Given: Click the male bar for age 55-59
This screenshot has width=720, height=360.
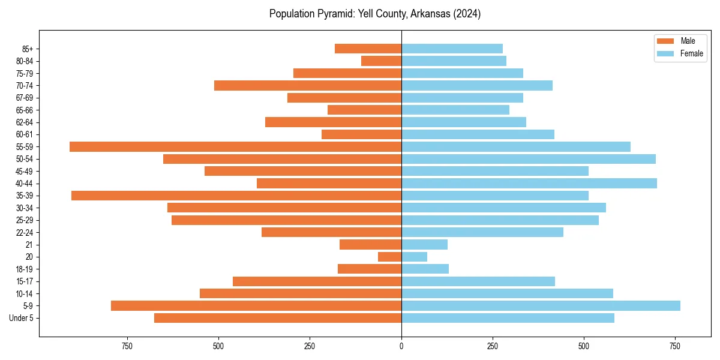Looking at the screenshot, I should [x=235, y=146].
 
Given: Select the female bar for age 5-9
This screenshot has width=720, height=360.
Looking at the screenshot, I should [x=541, y=306].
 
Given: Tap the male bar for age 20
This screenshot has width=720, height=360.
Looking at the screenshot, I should [x=389, y=257].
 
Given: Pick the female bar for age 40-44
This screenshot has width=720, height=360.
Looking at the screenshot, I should [x=529, y=184].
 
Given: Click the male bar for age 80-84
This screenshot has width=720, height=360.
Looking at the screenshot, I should [x=381, y=61].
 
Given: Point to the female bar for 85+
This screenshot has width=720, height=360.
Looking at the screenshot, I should [x=452, y=49].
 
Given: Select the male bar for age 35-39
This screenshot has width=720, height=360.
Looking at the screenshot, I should [x=236, y=196].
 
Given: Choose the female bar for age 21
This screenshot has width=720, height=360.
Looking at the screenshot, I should [x=424, y=245].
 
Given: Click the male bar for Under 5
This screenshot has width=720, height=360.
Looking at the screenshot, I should [x=278, y=318].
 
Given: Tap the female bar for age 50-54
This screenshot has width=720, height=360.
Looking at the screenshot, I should [x=528, y=159].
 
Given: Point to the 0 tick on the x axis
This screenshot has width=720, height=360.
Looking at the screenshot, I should [x=401, y=346].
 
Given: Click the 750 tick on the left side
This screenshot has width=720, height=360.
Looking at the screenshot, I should [x=127, y=346].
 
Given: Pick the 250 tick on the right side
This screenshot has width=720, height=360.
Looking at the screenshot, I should [x=493, y=346].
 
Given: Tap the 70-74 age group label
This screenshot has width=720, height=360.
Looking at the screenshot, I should [x=25, y=85].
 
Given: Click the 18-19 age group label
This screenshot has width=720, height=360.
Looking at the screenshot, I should [x=25, y=269].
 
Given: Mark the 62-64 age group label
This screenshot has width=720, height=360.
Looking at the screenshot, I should [x=25, y=122].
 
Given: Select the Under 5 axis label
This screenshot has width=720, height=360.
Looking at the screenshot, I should [x=21, y=318].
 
